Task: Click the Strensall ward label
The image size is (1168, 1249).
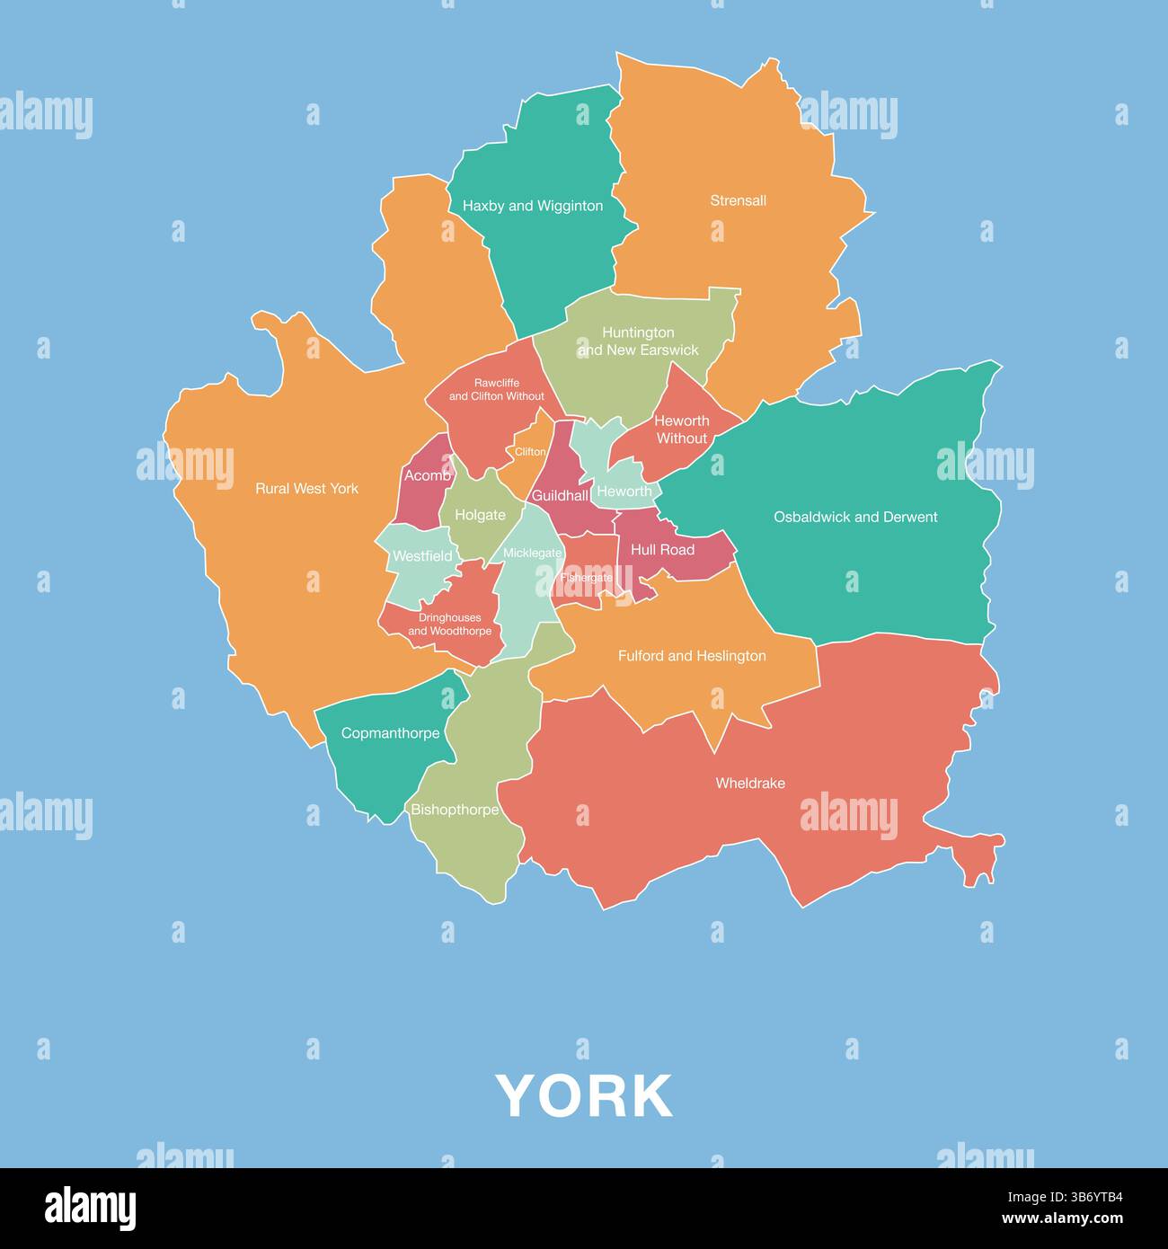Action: (738, 200)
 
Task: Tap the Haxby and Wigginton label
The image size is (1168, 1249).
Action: (533, 206)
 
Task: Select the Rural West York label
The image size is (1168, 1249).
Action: (306, 489)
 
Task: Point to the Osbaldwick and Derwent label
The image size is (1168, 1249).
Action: (855, 517)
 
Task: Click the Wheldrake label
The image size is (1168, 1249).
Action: (750, 784)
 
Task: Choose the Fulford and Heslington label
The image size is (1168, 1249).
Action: (692, 656)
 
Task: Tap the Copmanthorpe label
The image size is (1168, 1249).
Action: (391, 733)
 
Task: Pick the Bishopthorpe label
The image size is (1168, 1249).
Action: (455, 810)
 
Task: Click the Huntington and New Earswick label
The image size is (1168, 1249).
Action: (638, 341)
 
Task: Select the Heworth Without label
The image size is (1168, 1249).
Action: (682, 430)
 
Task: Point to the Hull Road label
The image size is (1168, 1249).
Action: (662, 550)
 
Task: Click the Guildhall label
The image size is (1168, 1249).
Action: (560, 496)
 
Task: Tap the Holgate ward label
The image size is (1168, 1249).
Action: (480, 515)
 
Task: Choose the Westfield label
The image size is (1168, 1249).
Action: (422, 556)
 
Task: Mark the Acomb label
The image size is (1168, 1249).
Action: (428, 475)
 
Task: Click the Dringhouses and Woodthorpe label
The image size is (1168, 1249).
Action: (450, 624)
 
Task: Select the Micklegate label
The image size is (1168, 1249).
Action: (532, 554)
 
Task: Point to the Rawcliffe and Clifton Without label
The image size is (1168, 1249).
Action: (497, 389)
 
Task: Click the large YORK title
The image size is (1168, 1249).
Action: (584, 1096)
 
